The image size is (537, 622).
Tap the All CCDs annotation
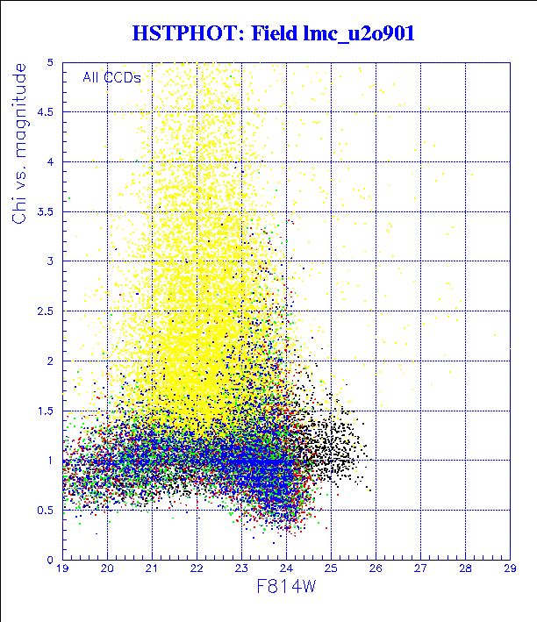point(111,77)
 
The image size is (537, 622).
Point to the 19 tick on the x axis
point(62,569)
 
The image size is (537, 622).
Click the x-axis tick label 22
point(197,569)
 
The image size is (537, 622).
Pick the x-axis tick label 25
point(331,569)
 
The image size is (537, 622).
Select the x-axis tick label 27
point(420,569)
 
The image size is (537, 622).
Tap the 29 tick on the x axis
point(510,569)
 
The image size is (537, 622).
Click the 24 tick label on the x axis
point(286,569)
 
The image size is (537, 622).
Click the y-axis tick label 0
point(53,560)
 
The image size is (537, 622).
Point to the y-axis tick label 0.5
point(47,510)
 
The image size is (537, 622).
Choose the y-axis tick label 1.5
point(47,411)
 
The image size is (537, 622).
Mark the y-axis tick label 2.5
point(47,311)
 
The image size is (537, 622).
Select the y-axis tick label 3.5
point(47,211)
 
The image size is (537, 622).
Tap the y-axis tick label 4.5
point(47,111)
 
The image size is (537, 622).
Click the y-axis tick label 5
point(53,62)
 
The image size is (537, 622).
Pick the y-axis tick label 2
point(53,361)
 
